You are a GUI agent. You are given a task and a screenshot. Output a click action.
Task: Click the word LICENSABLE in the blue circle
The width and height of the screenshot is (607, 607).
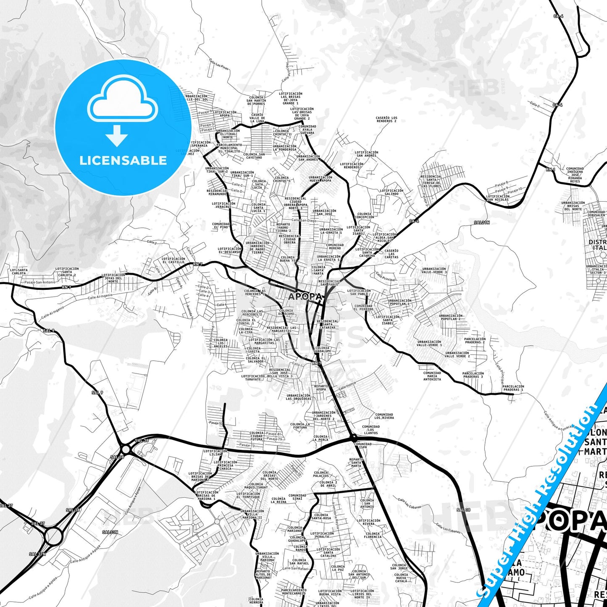tap(123, 160)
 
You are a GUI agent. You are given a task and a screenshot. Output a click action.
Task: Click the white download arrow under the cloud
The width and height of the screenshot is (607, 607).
tap(117, 135)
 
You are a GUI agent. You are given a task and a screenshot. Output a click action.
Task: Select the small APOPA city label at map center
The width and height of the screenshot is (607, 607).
tap(305, 296)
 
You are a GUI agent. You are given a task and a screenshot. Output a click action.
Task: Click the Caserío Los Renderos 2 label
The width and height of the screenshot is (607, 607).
tap(386, 120)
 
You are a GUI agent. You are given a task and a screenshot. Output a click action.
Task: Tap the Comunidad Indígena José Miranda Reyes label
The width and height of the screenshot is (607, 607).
tap(575, 175)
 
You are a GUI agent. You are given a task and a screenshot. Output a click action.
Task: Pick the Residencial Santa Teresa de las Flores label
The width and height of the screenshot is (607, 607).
tap(431, 181)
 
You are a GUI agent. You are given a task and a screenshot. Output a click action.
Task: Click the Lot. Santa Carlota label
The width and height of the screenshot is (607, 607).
tap(19, 271)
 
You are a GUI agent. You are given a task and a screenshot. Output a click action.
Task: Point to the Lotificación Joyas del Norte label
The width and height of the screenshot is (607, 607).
tap(113, 278)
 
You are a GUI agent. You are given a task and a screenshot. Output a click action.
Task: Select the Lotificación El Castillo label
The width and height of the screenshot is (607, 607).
tap(173, 260)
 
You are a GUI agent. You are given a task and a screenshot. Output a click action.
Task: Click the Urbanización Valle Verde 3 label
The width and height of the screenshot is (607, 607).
tap(434, 271)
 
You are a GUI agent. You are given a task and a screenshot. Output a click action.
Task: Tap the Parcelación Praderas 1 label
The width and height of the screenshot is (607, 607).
tap(513, 388)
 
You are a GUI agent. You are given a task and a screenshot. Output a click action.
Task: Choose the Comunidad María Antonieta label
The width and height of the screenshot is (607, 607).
tap(432, 376)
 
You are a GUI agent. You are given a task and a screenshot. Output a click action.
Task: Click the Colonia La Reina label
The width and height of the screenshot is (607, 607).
tap(279, 500)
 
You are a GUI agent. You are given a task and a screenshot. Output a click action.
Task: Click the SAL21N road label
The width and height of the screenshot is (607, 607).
tap(482, 223)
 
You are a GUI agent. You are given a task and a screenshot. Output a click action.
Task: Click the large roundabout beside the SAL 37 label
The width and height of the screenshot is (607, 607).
tap(53, 536)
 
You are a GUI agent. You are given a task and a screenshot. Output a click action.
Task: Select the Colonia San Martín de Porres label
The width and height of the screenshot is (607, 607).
tap(256, 100)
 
